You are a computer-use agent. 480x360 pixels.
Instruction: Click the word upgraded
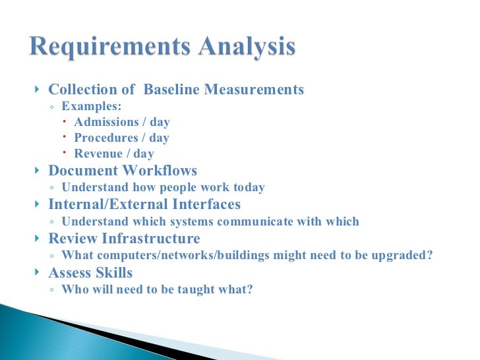click(x=405, y=256)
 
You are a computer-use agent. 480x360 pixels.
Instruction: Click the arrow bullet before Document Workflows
click(x=36, y=171)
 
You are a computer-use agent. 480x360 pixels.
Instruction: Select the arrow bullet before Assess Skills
click(x=36, y=272)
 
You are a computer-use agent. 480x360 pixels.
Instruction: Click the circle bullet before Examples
click(x=52, y=107)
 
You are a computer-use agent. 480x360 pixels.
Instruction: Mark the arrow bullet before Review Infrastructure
click(x=36, y=238)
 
